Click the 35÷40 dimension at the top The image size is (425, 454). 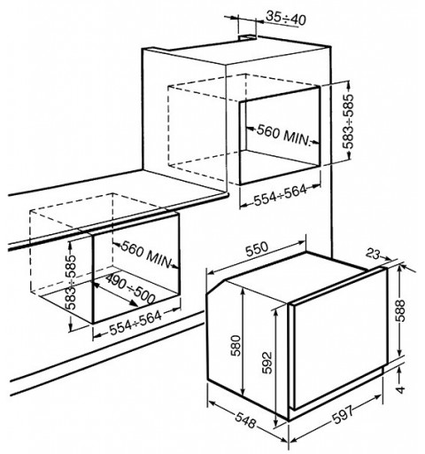pos(286,19)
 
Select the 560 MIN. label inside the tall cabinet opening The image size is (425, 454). pos(284,135)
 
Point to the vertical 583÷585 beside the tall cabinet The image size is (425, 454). pos(348,121)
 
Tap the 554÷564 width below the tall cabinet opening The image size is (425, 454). pos(281,195)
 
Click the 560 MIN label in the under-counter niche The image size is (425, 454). pos(147,254)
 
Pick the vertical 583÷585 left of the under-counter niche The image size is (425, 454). pos(72,282)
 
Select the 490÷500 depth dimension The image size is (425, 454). pos(130,289)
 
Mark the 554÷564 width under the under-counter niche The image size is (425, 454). pos(135,323)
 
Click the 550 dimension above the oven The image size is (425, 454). pos(257,249)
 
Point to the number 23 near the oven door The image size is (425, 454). pos(373,254)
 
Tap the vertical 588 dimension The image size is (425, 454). pos(400,310)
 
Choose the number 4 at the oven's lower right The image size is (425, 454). pos(400,389)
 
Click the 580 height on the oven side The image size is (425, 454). pos(236,345)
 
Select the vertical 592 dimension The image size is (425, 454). pos(267,363)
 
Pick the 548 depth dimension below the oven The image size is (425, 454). pos(245,420)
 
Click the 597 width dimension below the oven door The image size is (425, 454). pos(343,414)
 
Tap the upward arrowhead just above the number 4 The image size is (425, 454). pos(399,370)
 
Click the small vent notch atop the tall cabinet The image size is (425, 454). pos(248,37)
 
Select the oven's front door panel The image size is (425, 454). pos(339,337)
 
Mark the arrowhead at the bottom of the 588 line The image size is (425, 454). pos(399,354)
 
